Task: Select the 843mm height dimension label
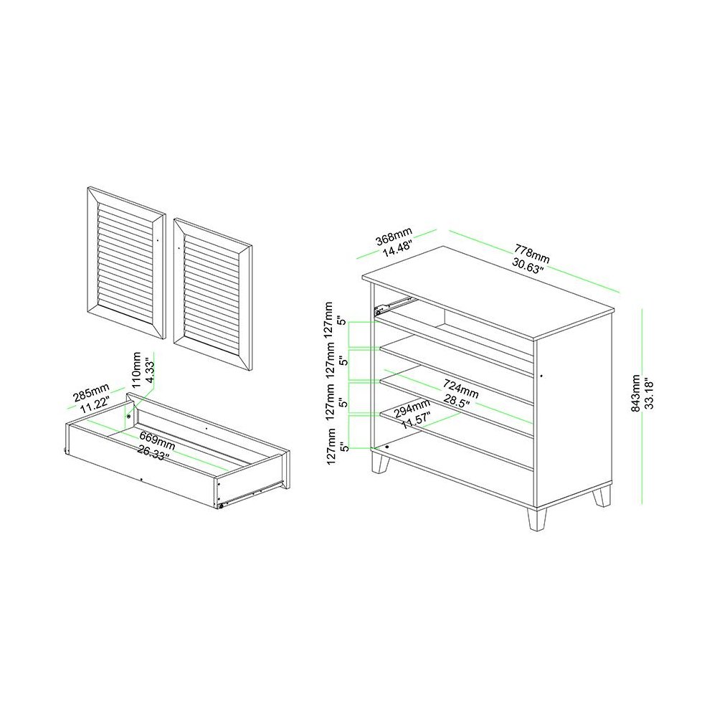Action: [635, 393]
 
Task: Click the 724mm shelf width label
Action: [460, 388]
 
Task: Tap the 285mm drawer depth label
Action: [92, 392]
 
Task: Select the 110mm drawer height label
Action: [136, 370]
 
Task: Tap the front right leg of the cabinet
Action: [537, 519]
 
